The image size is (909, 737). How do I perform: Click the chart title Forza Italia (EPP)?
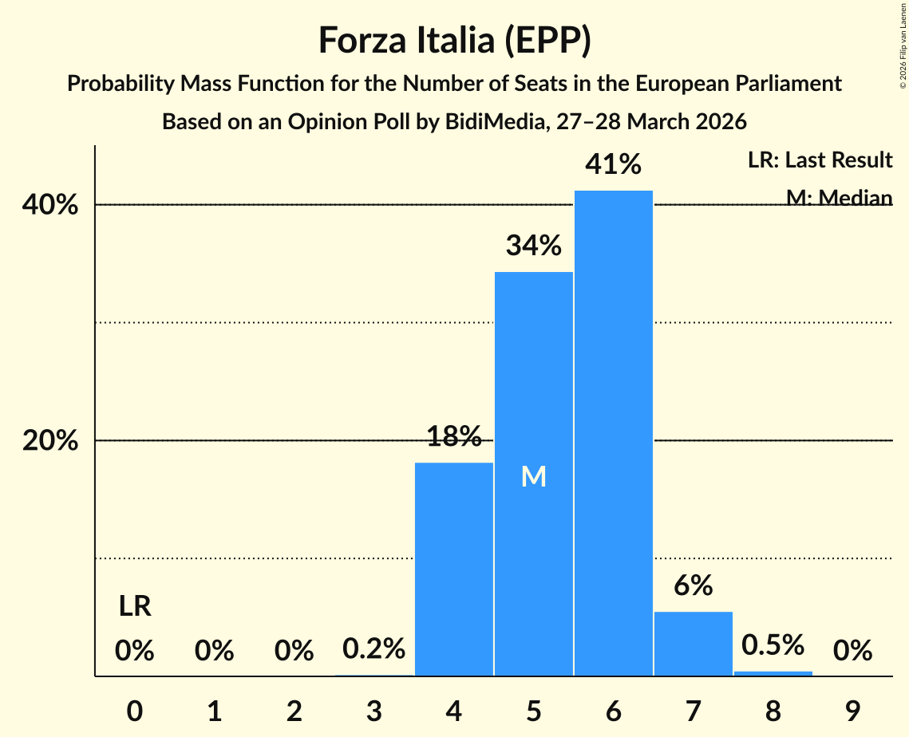coord(454,41)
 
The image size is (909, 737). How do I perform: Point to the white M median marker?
coord(533,476)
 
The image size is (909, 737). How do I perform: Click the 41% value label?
coord(613,165)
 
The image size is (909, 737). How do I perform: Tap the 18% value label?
coord(454,436)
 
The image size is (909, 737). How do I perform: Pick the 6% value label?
coord(693,586)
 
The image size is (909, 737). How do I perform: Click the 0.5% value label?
coord(773,645)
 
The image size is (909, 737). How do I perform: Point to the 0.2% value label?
coord(374,649)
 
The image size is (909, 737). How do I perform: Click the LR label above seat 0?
coord(135,607)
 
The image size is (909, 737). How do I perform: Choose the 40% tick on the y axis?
coord(50,205)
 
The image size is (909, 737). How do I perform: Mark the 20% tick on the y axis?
coord(50,441)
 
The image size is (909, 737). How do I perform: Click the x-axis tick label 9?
coord(852,710)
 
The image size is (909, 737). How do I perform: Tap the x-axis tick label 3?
coord(374,710)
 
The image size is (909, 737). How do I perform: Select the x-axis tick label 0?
coord(135,710)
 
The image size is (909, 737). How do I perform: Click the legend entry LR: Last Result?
coord(820,160)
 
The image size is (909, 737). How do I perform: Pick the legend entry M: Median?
coord(839,197)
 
